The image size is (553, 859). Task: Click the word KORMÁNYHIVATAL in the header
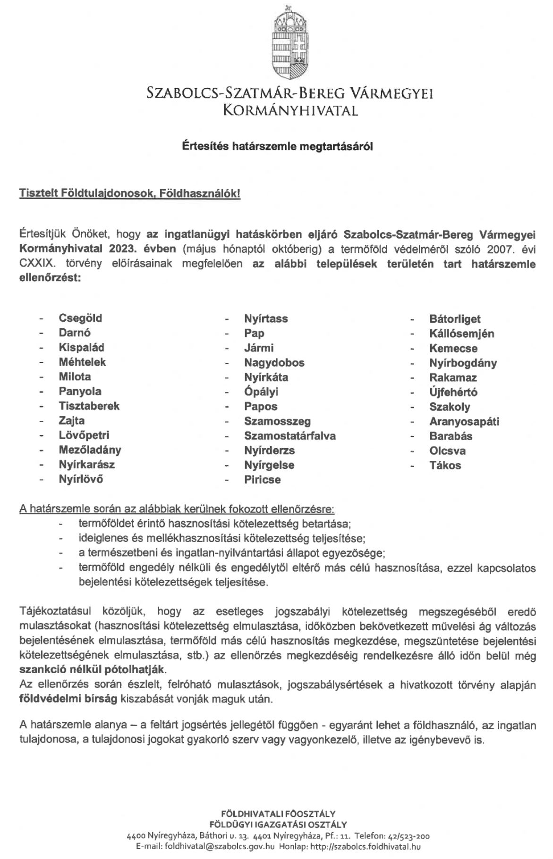290,111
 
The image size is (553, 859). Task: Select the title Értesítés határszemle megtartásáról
278,147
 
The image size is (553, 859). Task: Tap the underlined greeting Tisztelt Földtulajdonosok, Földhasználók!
130,194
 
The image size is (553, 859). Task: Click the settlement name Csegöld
80,318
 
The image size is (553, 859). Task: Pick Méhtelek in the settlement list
82,362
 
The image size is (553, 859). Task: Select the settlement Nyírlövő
81,479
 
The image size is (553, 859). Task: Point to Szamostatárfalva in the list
290,435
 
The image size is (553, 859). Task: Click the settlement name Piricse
263,480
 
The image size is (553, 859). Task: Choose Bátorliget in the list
455,319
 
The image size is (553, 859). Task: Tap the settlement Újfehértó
453,392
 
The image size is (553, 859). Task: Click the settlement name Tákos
445,465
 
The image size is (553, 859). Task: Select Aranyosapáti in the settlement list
464,421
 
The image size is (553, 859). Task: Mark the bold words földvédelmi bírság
68,699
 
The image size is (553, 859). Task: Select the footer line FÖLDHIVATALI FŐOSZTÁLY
278,814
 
